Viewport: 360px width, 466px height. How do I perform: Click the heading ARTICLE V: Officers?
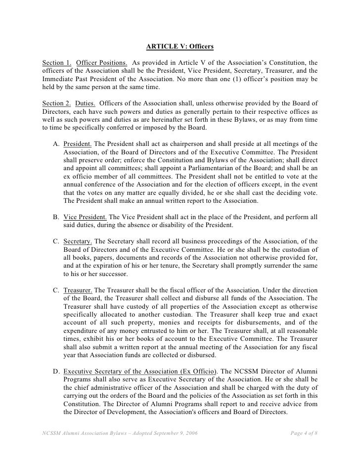[x=180, y=47]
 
